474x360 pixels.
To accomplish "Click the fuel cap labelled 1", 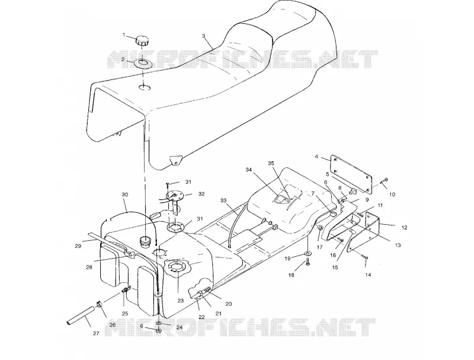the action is click(142, 41).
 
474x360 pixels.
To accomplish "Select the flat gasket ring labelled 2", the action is click(142, 64).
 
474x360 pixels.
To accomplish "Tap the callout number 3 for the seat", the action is click(203, 36).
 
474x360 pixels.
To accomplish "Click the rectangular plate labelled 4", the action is click(351, 174).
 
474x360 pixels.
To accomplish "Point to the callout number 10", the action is click(392, 195).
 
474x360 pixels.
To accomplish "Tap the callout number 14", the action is click(368, 275).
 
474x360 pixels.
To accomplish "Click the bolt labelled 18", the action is click(308, 262).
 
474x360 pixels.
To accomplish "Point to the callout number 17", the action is click(319, 247).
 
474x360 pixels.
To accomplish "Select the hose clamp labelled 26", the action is click(99, 304).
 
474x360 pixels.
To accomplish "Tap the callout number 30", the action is click(125, 195).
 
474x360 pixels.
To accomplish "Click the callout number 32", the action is click(201, 194).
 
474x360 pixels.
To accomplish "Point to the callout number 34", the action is click(248, 170).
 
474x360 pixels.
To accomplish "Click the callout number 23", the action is click(181, 301).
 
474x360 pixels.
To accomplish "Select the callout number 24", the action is click(180, 327).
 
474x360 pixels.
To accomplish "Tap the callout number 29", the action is click(78, 246).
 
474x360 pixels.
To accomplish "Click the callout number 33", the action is click(223, 200).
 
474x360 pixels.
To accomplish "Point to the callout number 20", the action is click(229, 304).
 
